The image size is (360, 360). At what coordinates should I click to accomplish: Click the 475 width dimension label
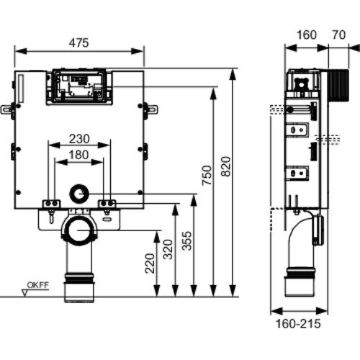pos(78,43)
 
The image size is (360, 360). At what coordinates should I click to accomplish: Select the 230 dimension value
pos(79,139)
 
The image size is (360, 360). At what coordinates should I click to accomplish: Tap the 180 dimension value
pos(79,155)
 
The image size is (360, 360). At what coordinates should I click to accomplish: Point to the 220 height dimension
pos(150,264)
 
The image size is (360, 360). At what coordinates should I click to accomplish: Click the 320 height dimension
pos(168,249)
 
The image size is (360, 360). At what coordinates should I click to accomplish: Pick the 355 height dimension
pos(186,240)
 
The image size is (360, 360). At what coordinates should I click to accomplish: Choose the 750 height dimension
pos(207,175)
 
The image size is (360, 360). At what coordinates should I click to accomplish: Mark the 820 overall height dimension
pos(225,166)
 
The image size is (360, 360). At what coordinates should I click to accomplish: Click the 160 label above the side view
pos(307,35)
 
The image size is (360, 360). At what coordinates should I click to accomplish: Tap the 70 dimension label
pos(339,35)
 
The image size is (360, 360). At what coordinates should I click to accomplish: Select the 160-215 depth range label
pos(298,323)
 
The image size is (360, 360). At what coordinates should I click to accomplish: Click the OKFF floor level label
pos(37,285)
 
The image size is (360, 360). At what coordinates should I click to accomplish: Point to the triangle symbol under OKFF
pos(24,293)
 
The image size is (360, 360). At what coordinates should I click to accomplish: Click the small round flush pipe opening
pos(79,194)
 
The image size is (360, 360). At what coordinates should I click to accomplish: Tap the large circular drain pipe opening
pos(79,230)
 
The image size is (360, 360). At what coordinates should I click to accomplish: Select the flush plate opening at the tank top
pos(79,87)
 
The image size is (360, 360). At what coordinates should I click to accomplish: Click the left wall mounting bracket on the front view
pos(8,109)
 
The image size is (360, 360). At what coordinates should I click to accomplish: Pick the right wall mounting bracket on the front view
pos(150,109)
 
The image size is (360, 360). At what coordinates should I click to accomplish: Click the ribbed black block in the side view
pos(338,86)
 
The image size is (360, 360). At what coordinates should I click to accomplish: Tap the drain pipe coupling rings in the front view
pos(79,279)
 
